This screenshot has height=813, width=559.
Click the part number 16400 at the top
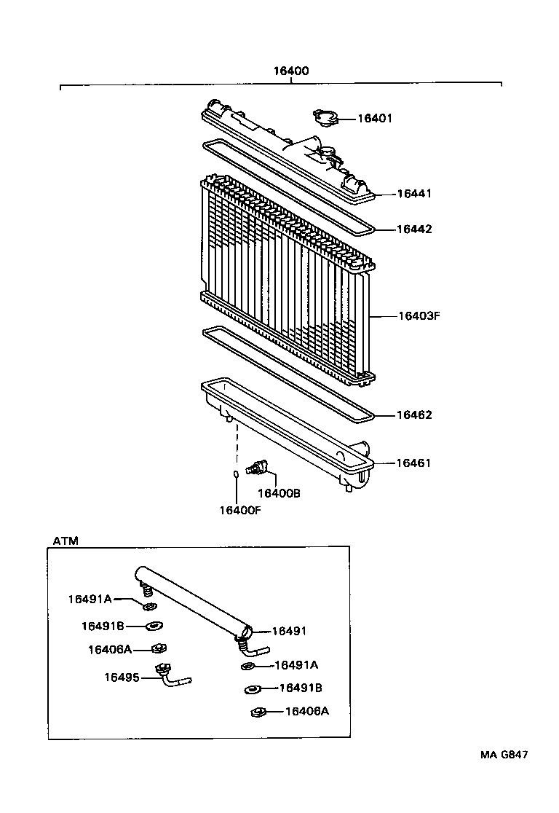(291, 71)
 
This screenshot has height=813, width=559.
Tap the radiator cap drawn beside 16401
(324, 117)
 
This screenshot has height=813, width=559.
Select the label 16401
(374, 118)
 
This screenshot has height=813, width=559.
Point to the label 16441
(414, 194)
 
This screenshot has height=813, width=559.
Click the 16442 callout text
(414, 229)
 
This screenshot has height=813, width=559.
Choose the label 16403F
(420, 316)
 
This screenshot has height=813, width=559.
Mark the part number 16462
(414, 415)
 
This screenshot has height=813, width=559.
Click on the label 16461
(414, 463)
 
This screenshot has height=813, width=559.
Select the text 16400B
(279, 493)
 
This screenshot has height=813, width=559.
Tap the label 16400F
(239, 509)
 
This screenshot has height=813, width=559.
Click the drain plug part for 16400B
(258, 468)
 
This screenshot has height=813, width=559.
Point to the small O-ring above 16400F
(236, 475)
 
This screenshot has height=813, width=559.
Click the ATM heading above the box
(66, 541)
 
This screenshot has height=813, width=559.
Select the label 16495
(122, 677)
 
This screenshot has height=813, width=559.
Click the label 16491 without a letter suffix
(290, 631)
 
